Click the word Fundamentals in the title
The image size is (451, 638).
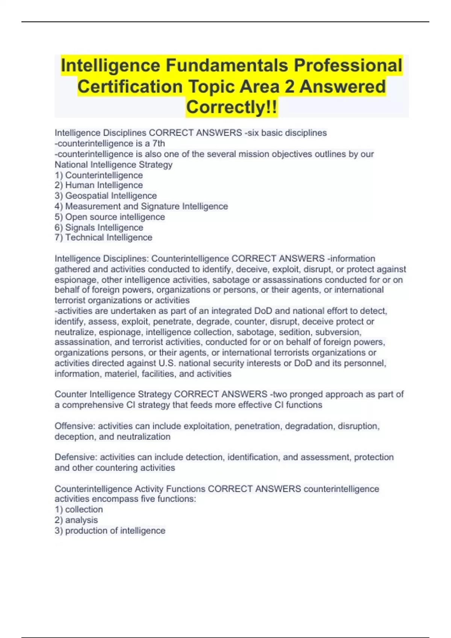[227, 65]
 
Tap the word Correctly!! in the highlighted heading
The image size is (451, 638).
[232, 107]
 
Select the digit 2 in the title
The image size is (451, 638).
[289, 86]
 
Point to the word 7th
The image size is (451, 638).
[158, 143]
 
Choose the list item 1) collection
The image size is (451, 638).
[79, 509]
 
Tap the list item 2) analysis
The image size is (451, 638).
[76, 520]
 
